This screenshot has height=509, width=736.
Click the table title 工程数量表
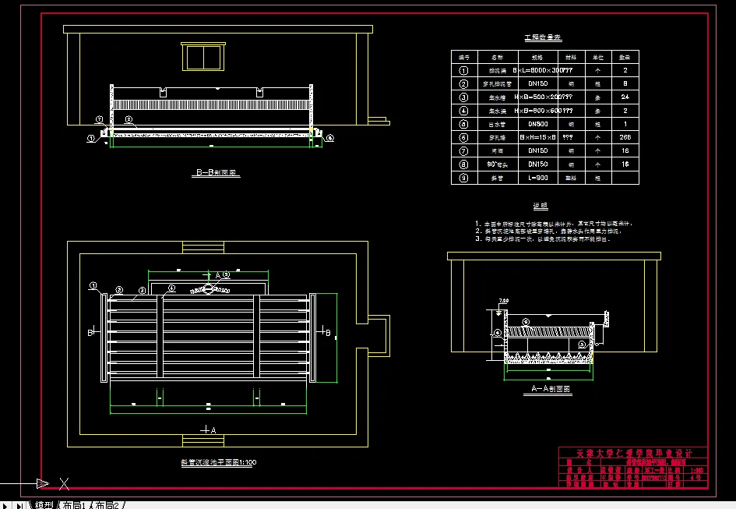click(x=544, y=37)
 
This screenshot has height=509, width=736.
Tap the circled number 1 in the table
click(x=464, y=70)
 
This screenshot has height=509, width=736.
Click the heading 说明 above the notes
click(x=540, y=207)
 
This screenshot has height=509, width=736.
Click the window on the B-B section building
click(x=203, y=57)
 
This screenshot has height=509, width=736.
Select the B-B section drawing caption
click(x=217, y=174)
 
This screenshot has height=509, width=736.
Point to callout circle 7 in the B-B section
click(x=100, y=119)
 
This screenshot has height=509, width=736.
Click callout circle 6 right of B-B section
click(x=330, y=138)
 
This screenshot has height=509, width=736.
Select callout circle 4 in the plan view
click(x=226, y=275)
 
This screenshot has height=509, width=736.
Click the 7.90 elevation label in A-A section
click(x=503, y=301)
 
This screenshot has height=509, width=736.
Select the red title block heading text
click(x=633, y=453)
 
